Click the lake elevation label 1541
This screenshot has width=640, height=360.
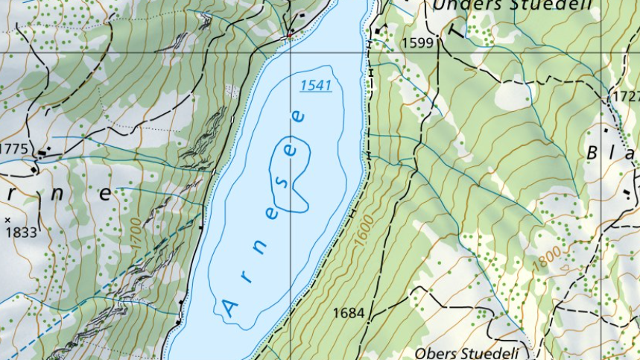316,86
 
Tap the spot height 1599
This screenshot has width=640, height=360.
417,43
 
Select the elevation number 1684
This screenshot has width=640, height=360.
349,313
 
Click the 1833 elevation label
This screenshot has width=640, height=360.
21,233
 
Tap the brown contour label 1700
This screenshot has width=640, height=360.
134,232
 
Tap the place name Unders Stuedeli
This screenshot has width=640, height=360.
512,5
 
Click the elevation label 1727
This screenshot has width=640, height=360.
625,97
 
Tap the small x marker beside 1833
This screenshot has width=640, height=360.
7,220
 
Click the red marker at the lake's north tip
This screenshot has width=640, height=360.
289,34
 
